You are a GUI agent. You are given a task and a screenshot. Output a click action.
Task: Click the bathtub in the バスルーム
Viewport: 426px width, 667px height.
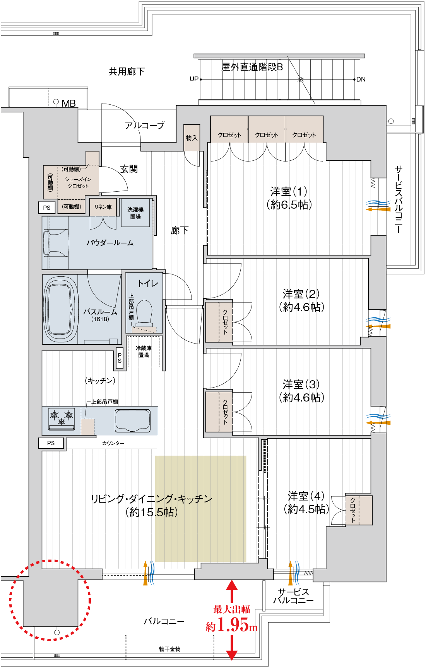tap(60, 309)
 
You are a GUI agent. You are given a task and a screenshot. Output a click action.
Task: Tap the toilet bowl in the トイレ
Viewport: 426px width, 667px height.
tap(144, 312)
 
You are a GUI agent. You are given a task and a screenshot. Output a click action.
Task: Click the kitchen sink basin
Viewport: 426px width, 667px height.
tap(132, 420)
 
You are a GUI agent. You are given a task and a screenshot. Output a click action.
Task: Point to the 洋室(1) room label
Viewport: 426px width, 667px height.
tap(289, 198)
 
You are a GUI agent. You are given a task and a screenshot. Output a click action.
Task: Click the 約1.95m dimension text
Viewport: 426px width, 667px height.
tap(231, 624)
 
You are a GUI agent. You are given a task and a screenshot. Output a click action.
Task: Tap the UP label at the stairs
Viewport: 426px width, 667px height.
tap(194, 79)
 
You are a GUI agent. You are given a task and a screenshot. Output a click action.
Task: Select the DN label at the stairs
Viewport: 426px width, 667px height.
tap(361, 80)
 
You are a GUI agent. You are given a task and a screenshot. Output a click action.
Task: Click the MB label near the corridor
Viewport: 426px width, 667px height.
tap(68, 103)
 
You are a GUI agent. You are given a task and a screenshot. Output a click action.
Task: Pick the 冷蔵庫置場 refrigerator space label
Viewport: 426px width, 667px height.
tap(144, 351)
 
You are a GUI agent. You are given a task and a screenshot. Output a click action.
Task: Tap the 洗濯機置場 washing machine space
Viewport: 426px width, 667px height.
tap(135, 213)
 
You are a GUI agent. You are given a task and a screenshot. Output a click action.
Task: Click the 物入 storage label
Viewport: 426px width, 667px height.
tap(192, 138)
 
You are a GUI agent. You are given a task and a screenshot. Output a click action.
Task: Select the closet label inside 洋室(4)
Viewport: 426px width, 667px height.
tap(353, 510)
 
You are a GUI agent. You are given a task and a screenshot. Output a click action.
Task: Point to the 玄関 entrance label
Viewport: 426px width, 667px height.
tap(129, 169)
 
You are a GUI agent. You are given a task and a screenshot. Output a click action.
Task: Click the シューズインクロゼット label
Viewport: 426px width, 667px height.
tap(78, 182)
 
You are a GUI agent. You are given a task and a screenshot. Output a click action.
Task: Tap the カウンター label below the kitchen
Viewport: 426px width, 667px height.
tap(113, 443)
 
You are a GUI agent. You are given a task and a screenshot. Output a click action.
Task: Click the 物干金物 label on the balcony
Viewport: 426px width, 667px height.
tap(170, 649)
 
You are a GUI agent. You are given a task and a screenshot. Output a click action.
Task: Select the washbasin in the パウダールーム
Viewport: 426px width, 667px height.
tap(56, 243)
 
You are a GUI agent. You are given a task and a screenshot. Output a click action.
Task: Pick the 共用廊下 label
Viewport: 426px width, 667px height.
tap(127, 71)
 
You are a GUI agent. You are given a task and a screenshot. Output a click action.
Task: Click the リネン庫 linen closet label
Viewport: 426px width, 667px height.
tap(103, 207)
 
